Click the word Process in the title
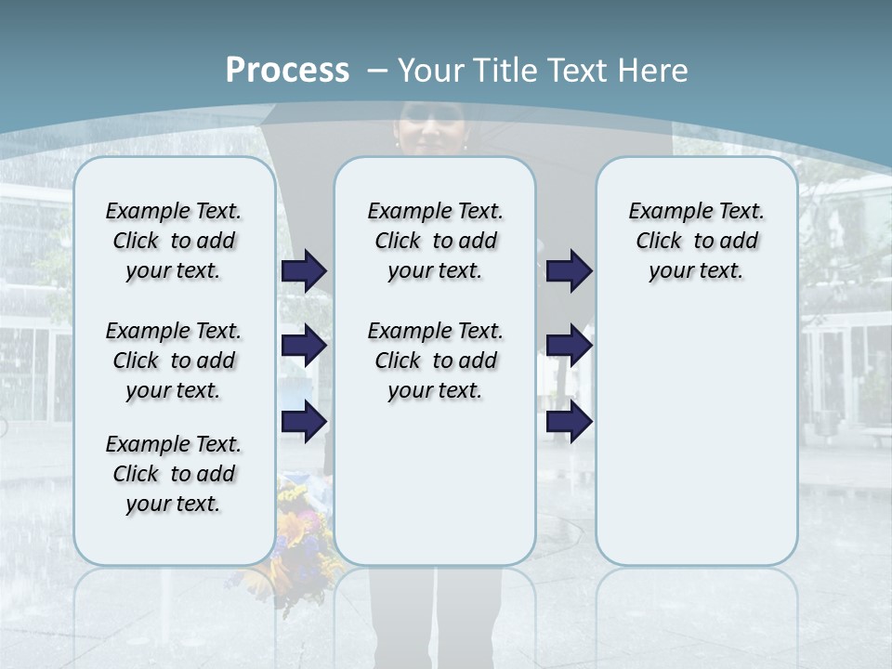pyautogui.click(x=287, y=70)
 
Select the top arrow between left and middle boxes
pyautogui.click(x=304, y=270)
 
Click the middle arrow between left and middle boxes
pyautogui.click(x=304, y=346)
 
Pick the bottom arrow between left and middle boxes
pyautogui.click(x=304, y=421)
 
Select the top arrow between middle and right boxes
pyautogui.click(x=569, y=270)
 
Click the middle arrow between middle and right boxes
pyautogui.click(x=569, y=346)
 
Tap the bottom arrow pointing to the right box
pyautogui.click(x=569, y=421)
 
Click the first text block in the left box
pyautogui.click(x=174, y=241)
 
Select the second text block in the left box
pyautogui.click(x=174, y=361)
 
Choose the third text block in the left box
pyautogui.click(x=174, y=474)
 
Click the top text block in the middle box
pyautogui.click(x=435, y=241)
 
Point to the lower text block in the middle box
pyautogui.click(x=435, y=361)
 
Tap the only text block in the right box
pyautogui.click(x=697, y=241)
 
